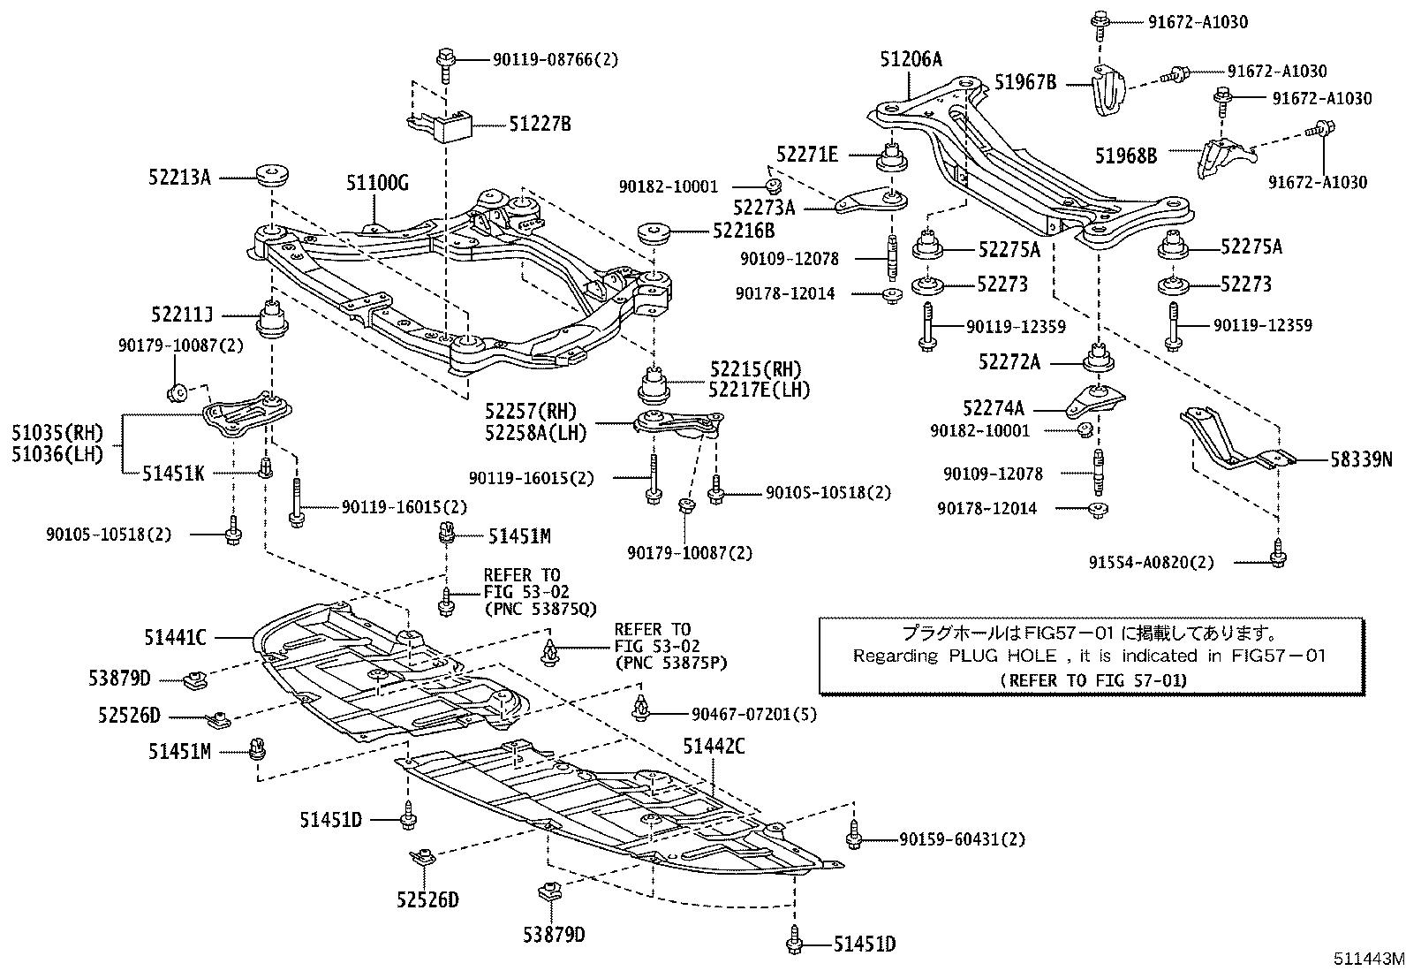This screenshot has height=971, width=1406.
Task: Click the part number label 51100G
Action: pos(377,183)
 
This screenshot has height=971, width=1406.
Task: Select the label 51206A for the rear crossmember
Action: pos(911,59)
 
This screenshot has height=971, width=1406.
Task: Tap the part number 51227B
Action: pos(540,124)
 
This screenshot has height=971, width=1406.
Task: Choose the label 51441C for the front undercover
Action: pos(175,636)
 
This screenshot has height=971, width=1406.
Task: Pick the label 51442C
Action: pos(714,747)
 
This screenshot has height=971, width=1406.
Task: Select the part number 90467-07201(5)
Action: pos(742,713)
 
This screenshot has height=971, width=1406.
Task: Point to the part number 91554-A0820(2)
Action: pos(1164,562)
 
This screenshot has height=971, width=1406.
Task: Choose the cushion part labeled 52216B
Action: pos(654,235)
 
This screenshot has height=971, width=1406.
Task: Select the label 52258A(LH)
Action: pos(535,430)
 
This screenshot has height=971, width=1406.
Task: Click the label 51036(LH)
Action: pos(57,454)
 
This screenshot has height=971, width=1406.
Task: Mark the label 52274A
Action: pos(994,408)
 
